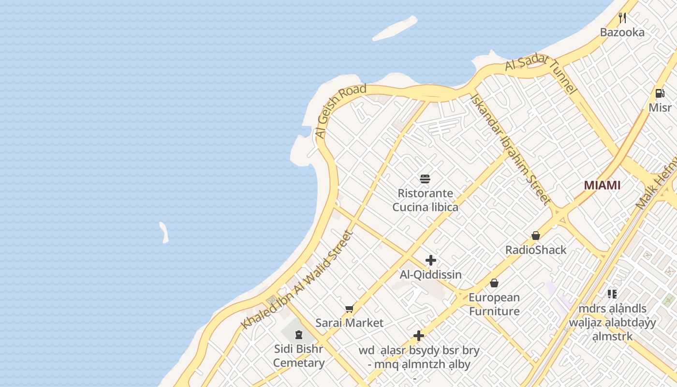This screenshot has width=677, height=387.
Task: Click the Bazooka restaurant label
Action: [622, 32]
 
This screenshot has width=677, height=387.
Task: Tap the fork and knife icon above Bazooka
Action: [622, 18]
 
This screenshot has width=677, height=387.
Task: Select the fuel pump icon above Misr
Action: [660, 93]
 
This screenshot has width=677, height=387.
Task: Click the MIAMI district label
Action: [602, 185]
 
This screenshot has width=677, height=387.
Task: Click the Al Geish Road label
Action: [340, 111]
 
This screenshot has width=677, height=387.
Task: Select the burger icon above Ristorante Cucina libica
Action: [425, 179]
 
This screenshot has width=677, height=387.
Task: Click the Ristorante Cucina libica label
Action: [425, 200]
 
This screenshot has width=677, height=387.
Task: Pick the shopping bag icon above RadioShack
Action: [535, 236]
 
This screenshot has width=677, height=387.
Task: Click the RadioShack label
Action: [535, 250]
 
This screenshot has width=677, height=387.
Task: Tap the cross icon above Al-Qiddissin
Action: [430, 260]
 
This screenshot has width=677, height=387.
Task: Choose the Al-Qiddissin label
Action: [430, 275]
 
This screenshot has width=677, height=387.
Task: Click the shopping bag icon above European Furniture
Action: [494, 283]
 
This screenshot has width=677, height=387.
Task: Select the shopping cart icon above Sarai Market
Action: [349, 309]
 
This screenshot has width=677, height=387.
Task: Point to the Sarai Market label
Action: [349, 323]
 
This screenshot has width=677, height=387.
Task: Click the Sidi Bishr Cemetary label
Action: [298, 356]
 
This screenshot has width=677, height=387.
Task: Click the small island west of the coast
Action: [164, 232]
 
